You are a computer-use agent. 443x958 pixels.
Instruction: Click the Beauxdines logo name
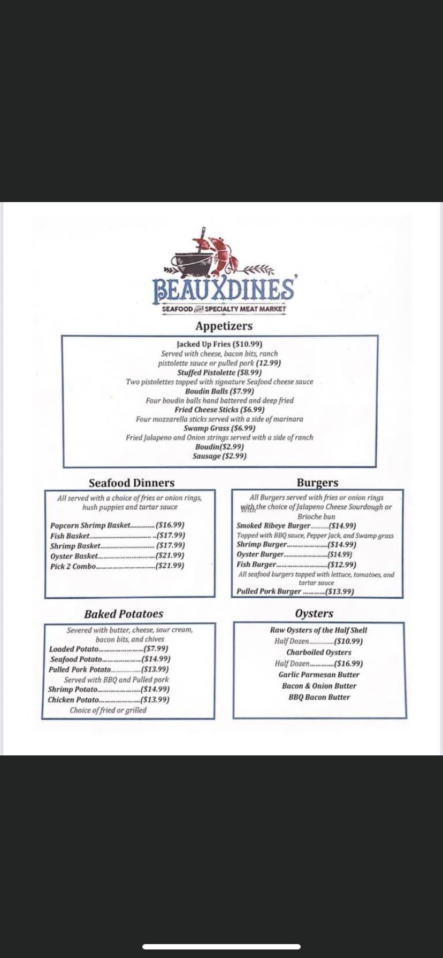point(224,289)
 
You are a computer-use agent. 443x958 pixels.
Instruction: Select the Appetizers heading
point(224,326)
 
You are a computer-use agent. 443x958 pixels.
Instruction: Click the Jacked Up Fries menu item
point(219,344)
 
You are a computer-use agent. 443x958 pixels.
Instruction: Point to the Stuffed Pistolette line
point(219,372)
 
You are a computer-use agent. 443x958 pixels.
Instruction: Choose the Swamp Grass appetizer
point(219,428)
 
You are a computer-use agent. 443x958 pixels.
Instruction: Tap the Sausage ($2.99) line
point(219,456)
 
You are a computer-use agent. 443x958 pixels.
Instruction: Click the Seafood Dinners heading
point(132,483)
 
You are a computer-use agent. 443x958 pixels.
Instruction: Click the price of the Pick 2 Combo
point(170,566)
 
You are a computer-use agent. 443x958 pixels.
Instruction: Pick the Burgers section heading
point(317,483)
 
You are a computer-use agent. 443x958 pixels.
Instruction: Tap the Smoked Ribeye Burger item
point(273,526)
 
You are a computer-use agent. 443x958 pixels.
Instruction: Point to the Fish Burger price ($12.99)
point(341,565)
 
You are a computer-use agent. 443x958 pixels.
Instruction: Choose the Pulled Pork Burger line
point(295,591)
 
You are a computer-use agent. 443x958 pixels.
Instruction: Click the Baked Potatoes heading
point(124,614)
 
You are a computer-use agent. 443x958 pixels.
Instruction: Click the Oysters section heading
point(314,614)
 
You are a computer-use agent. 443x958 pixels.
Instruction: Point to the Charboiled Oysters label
point(319,652)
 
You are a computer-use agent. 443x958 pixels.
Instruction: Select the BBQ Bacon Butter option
point(319,697)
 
